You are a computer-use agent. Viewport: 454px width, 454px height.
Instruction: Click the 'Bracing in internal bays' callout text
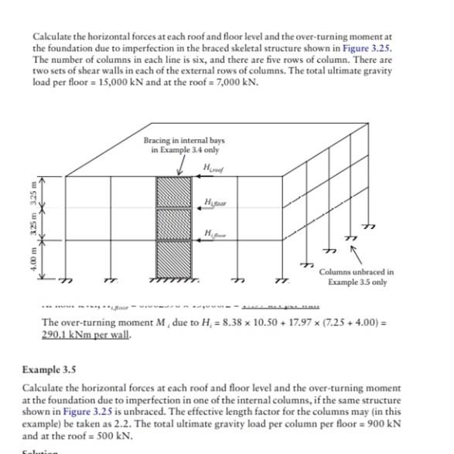[184, 141]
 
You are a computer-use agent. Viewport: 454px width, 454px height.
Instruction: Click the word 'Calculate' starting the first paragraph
[52, 36]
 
